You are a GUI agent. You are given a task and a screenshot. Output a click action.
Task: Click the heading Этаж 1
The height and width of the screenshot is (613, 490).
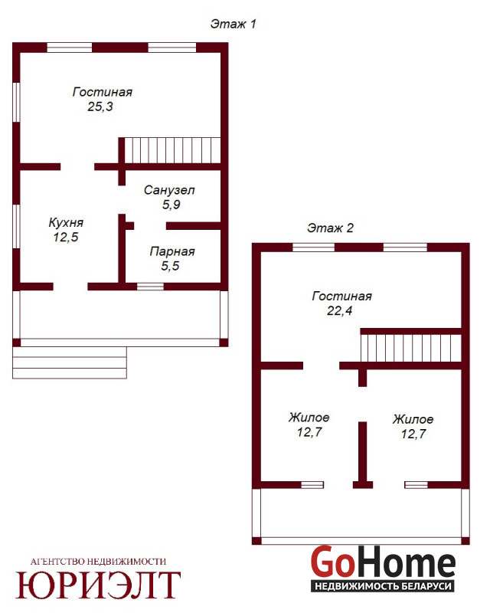[233, 24]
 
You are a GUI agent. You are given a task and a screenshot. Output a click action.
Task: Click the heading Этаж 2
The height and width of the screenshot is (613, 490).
[330, 228]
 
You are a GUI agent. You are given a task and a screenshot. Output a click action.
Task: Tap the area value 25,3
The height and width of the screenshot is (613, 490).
[100, 107]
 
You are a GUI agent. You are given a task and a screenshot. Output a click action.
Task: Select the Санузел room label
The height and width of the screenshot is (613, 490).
[169, 190]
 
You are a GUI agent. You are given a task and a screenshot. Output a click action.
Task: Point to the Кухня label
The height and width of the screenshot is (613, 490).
[66, 222]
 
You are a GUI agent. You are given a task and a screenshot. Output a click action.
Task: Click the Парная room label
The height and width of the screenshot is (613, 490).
[172, 251]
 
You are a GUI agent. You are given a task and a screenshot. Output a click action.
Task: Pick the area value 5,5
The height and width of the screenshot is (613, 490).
[171, 266]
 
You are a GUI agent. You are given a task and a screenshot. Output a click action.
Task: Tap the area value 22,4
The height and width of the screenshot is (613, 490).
[340, 310]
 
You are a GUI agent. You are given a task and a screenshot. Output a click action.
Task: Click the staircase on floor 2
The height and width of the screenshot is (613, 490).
[411, 349]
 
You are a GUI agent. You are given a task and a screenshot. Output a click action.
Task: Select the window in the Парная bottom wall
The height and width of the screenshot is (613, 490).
[150, 287]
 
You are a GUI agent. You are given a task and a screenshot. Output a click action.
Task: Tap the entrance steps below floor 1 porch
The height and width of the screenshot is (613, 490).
[70, 362]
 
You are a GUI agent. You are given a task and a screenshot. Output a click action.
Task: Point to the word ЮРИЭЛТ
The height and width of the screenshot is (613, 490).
[98, 585]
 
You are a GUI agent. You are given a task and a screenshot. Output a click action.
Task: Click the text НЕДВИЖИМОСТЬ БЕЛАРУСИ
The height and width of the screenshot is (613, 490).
[383, 586]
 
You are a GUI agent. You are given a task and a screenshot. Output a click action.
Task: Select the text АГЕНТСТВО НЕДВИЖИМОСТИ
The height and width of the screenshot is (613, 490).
[98, 562]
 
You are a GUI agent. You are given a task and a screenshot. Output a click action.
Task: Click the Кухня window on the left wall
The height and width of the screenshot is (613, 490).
[16, 226]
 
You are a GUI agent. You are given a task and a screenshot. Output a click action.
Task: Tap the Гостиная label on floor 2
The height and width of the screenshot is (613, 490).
[342, 296]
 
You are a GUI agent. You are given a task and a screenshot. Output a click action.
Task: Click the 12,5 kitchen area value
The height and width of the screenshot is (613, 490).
[66, 237]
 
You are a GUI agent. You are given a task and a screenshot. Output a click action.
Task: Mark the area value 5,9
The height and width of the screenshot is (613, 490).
[171, 205]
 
